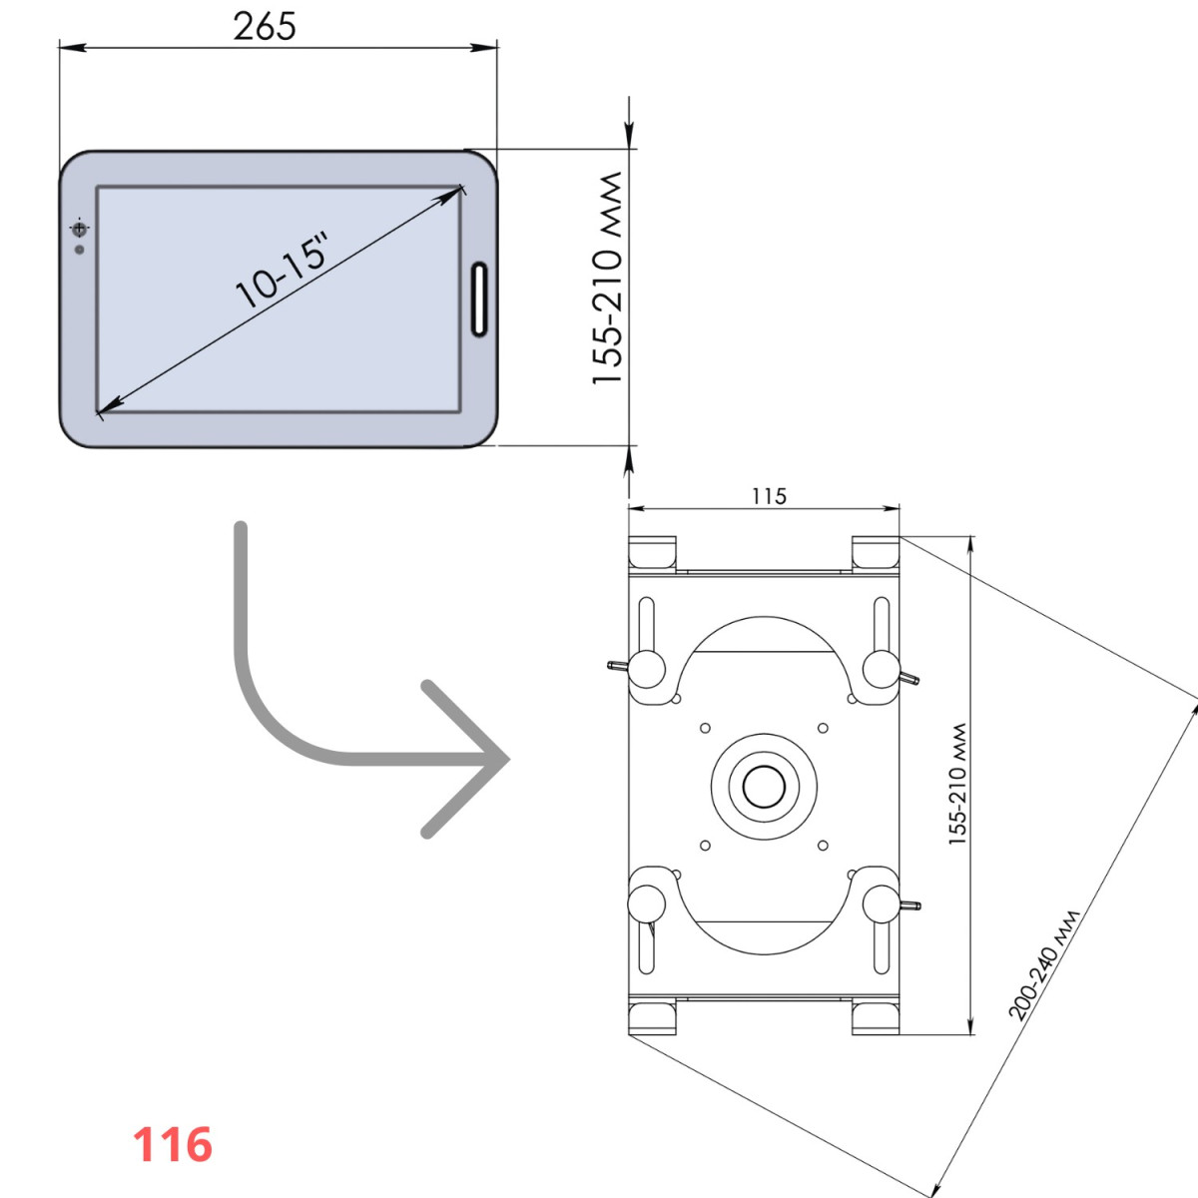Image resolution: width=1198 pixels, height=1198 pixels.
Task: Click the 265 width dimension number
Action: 265,27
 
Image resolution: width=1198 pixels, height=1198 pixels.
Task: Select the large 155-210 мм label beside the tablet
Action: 606,278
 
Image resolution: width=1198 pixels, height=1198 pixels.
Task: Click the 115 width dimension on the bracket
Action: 769,496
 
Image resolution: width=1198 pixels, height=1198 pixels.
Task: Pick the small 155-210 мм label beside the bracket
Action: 957,784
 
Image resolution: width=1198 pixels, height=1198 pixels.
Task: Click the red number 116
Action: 172,1144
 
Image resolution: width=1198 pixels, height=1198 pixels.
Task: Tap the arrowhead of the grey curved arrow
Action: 466,759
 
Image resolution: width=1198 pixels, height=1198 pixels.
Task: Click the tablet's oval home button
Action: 479,299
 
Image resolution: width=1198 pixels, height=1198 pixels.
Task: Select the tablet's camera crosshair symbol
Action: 79,229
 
